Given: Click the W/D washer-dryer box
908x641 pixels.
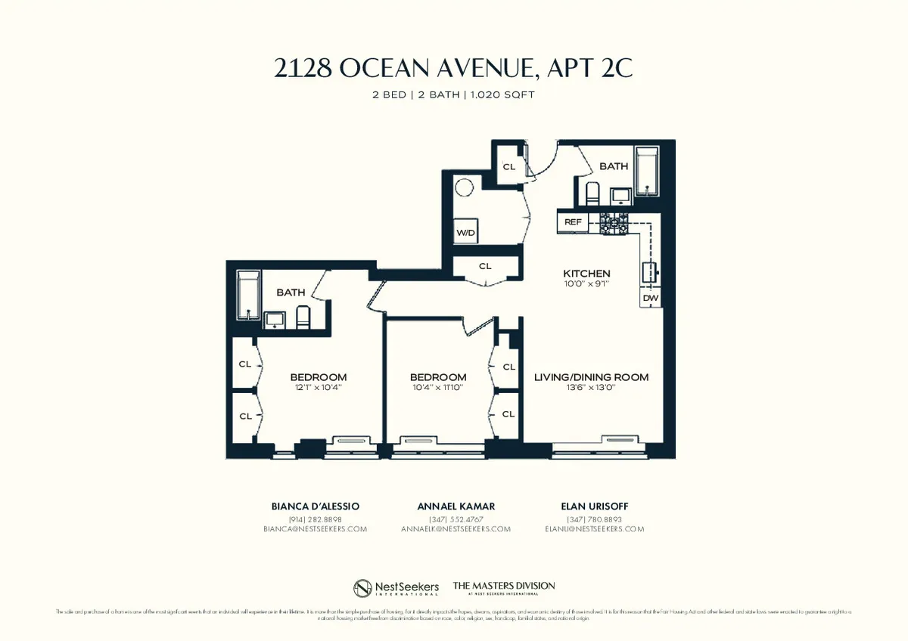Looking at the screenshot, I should click(x=465, y=233).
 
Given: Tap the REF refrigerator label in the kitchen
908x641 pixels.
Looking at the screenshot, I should click(x=573, y=222).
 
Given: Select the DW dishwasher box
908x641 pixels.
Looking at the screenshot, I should click(x=650, y=299).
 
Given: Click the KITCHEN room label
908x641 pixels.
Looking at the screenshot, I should click(x=586, y=274).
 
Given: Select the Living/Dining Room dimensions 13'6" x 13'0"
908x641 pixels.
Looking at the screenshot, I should click(x=591, y=388).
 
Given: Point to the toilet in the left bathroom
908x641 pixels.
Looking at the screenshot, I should click(x=303, y=317).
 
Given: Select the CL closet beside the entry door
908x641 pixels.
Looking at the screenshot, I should click(x=509, y=167).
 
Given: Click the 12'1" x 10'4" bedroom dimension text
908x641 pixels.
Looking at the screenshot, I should click(x=318, y=388).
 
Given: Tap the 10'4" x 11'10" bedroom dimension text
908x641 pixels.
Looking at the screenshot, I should click(x=437, y=388).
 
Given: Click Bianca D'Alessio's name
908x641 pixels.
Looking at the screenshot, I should click(x=316, y=506).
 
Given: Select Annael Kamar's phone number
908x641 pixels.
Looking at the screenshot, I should click(x=456, y=519).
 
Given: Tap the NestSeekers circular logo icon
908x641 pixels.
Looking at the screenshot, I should click(x=363, y=588).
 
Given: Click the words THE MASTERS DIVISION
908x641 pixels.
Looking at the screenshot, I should click(x=503, y=586).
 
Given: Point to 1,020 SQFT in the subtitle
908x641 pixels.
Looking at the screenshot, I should click(x=508, y=94).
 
